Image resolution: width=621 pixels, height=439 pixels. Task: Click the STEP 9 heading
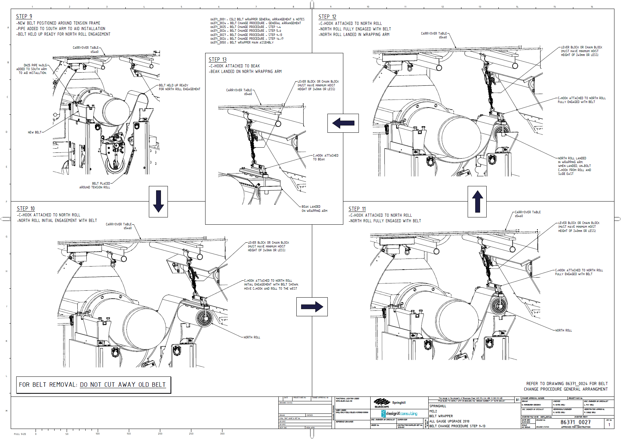[x=24, y=17]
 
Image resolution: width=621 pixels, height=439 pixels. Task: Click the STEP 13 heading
[x=218, y=60]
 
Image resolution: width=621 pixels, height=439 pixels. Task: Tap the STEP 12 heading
[x=327, y=17]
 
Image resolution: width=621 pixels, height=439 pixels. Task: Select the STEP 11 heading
[x=357, y=209]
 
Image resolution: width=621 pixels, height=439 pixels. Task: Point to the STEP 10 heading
[x=26, y=209]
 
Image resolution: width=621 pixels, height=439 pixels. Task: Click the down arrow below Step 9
[x=158, y=202]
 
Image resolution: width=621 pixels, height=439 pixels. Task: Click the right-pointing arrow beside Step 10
[x=312, y=307]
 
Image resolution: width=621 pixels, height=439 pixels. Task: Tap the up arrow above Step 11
[x=477, y=202]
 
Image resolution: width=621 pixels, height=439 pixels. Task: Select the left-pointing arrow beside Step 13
[x=343, y=123]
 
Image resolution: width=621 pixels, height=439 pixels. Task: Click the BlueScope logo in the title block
[x=382, y=403]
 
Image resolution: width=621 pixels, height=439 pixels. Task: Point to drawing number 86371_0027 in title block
[x=575, y=422]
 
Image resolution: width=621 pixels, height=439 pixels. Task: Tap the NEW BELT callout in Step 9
[x=35, y=132]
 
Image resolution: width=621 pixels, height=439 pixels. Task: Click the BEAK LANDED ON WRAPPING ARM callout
[x=314, y=209]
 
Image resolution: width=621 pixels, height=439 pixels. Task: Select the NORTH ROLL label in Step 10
[x=252, y=337]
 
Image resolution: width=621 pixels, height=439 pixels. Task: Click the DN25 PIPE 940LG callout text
[x=32, y=69]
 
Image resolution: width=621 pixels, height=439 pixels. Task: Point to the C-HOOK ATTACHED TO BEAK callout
[x=325, y=157]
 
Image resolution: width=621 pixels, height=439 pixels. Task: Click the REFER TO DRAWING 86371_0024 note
[x=566, y=386]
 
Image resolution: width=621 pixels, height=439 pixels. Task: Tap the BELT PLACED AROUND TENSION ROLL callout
[x=95, y=186]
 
